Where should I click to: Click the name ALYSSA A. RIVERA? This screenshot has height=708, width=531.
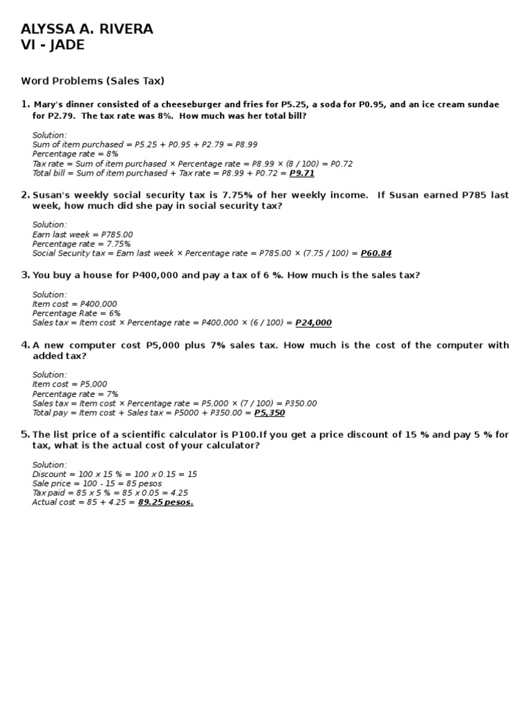click(x=87, y=29)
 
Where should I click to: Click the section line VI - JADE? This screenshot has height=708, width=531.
click(x=53, y=45)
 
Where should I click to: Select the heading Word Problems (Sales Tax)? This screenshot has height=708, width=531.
click(x=93, y=81)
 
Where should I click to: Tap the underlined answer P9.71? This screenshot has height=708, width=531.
click(x=301, y=174)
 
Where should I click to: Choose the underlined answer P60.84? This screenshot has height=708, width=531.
click(x=376, y=254)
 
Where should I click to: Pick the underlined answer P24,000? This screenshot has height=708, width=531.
click(x=313, y=323)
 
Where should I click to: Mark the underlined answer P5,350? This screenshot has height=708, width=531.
click(x=269, y=413)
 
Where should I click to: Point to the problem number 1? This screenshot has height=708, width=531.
click(x=25, y=104)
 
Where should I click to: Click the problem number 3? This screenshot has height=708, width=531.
click(x=25, y=275)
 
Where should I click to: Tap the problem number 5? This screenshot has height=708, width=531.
click(x=25, y=434)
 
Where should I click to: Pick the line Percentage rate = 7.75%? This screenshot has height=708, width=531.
click(x=82, y=244)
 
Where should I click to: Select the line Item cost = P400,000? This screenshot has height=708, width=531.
click(x=75, y=304)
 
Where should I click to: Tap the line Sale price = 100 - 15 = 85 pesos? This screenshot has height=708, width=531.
click(x=97, y=483)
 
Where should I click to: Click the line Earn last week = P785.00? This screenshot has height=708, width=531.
click(x=82, y=234)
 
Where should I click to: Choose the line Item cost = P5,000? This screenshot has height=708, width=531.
click(x=70, y=384)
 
